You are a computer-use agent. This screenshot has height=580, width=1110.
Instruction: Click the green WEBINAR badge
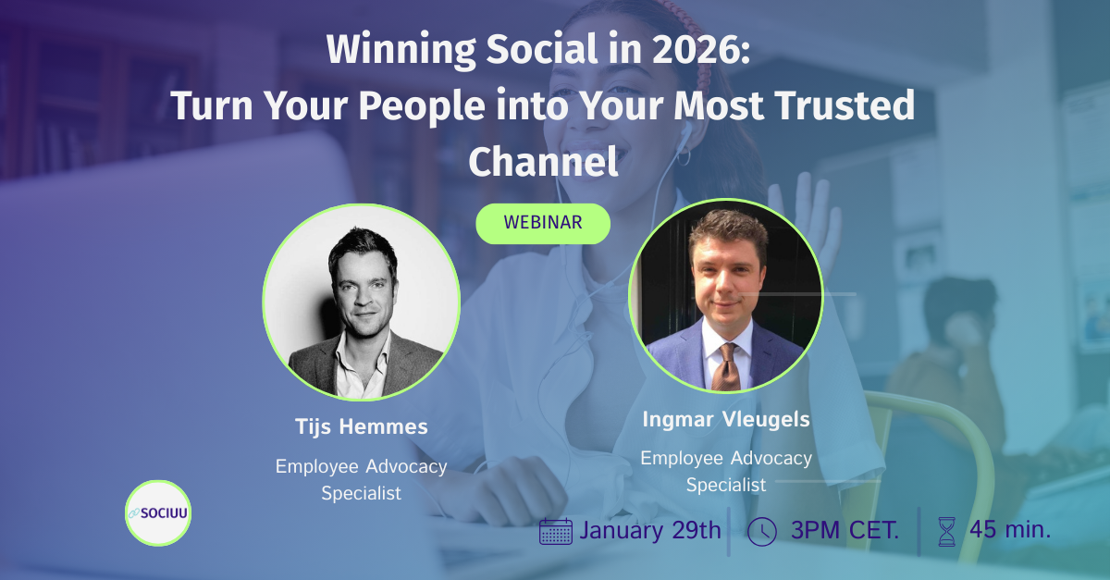click(x=543, y=223)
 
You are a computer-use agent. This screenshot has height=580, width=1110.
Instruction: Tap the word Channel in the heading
click(x=543, y=162)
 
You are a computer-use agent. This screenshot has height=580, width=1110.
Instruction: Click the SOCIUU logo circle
click(x=158, y=512)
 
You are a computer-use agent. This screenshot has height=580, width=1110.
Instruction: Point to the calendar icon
click(x=556, y=531)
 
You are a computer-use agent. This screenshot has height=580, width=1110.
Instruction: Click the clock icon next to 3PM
click(x=761, y=531)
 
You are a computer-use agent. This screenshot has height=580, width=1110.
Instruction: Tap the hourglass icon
click(x=946, y=531)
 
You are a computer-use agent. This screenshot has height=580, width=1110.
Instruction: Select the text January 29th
click(x=649, y=531)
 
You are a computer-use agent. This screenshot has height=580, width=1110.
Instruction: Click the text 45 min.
click(x=1010, y=531)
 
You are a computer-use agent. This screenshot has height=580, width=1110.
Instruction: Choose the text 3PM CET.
click(x=845, y=531)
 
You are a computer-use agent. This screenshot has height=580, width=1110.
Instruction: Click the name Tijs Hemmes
click(x=361, y=426)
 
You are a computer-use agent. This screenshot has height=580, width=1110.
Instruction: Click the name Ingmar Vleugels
click(x=726, y=419)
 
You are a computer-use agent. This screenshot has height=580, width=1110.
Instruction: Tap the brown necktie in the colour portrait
click(x=727, y=366)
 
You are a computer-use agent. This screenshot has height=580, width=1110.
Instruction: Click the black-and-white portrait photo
click(x=361, y=302)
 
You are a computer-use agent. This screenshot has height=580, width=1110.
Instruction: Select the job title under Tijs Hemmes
click(x=361, y=479)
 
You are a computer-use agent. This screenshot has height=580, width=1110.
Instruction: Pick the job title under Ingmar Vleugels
click(x=726, y=471)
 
